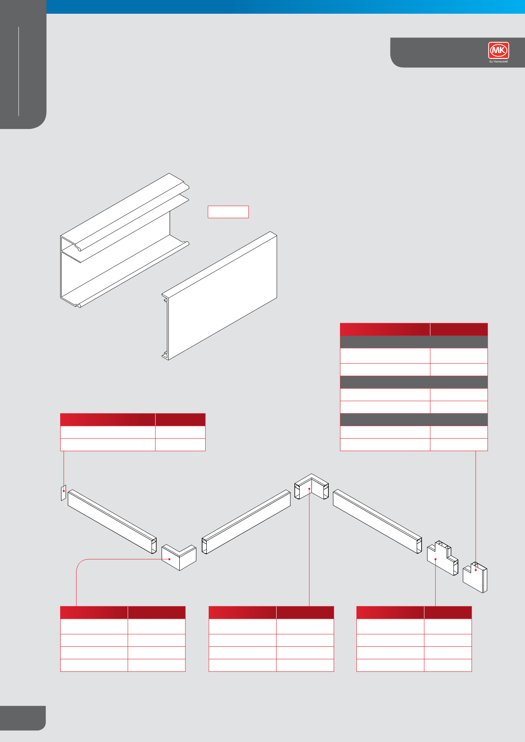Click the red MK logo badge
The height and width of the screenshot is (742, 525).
[498, 50]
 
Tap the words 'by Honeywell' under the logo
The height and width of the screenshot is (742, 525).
[498, 62]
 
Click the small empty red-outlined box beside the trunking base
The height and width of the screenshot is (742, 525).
[228, 212]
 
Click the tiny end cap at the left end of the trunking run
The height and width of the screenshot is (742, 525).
[63, 493]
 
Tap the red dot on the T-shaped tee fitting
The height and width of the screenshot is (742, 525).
[435, 559]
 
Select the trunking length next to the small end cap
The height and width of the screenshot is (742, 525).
[112, 521]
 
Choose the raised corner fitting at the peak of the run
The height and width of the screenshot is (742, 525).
[311, 487]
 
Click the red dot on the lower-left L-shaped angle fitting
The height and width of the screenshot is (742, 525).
[170, 559]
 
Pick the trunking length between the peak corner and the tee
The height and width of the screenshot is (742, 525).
[377, 521]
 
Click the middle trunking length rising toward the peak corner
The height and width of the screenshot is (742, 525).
[246, 522]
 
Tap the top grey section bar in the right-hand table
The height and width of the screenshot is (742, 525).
[414, 342]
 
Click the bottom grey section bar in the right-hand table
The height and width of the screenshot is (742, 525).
[414, 420]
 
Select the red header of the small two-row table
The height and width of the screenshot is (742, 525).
[132, 420]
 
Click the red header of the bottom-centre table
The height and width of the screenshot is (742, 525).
[271, 612]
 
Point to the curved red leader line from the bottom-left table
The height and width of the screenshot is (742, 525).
[81, 565]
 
